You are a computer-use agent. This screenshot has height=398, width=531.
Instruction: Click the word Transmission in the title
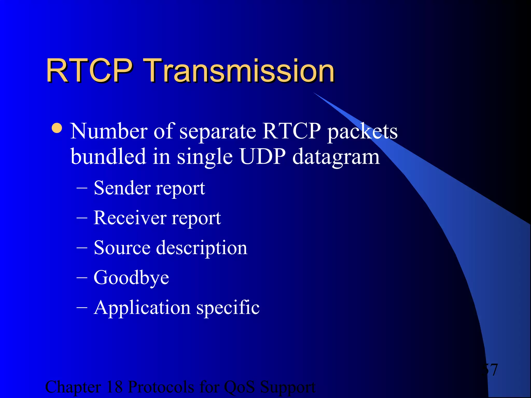[239, 70]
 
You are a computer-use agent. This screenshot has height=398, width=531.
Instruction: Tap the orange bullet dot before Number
[57, 128]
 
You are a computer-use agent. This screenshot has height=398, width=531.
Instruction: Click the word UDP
[262, 157]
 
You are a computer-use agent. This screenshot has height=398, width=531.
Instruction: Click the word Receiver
[130, 218]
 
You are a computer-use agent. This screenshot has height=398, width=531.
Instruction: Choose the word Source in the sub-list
[122, 248]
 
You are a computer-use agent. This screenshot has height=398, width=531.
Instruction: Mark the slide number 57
[490, 370]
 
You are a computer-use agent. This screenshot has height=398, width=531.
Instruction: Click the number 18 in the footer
[114, 387]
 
